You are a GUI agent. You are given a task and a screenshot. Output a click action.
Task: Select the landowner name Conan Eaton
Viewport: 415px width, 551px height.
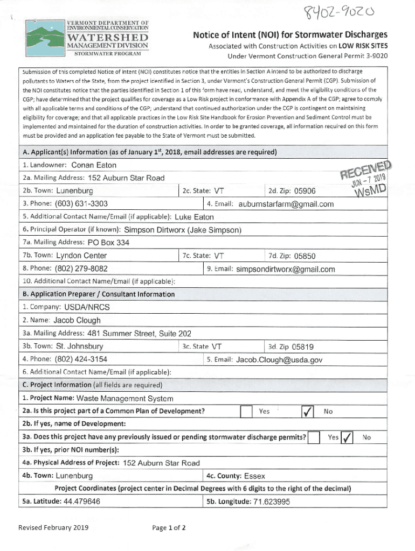coord(94,165)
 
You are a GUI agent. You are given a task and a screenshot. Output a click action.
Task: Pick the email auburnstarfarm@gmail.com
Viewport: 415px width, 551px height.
coord(286,204)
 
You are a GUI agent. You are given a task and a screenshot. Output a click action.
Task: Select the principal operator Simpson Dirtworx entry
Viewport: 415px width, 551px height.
coord(182,230)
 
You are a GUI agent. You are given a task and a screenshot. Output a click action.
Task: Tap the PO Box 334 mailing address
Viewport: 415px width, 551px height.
coord(108,243)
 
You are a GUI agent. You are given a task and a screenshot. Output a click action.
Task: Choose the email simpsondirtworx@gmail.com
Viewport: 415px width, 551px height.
coord(285,269)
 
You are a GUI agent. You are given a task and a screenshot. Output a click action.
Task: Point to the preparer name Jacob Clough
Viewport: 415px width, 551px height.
coord(77,320)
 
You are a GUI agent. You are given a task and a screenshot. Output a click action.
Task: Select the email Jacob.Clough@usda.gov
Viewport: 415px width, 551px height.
coord(279,359)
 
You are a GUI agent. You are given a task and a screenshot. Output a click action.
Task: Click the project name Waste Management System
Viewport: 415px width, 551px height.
coord(125,399)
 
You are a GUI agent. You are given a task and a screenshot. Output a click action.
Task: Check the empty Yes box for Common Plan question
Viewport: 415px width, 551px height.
coord(246,412)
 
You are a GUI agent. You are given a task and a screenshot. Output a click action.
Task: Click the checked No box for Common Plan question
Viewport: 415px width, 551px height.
coord(306,412)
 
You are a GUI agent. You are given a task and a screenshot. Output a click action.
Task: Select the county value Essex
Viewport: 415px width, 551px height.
coord(254,476)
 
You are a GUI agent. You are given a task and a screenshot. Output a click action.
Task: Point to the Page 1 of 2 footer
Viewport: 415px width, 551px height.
coord(169,527)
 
